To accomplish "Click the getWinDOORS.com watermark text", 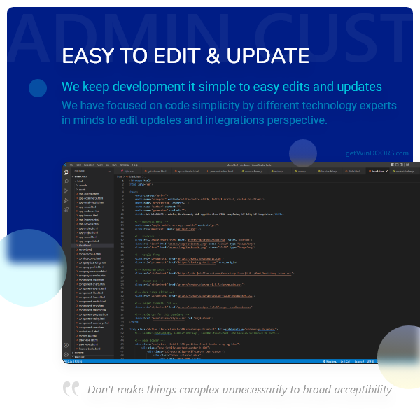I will (377, 153).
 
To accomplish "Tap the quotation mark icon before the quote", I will (71, 389).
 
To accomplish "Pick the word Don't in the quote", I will (100, 390).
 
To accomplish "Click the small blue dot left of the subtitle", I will (38, 87).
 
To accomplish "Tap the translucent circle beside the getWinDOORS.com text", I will (303, 153).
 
